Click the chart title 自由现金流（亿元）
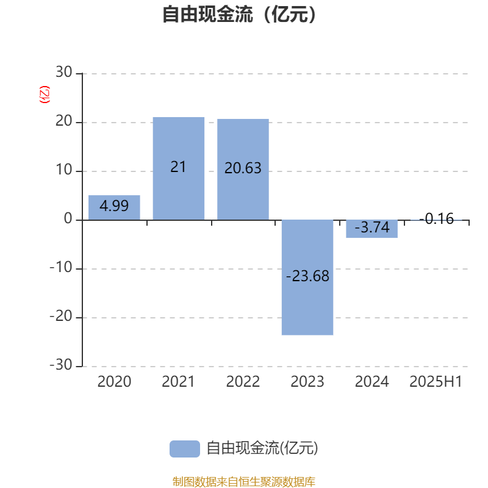coord(239,14)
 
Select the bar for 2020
coord(114,207)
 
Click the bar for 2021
coord(179,169)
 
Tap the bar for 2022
coord(243,170)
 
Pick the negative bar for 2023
coord(307,278)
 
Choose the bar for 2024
coord(372,229)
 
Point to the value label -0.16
coord(437,218)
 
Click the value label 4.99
coord(114,206)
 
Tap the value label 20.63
coord(243,168)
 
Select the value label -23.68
coord(307,276)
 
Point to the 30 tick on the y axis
coord(64,72)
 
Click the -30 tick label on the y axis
coord(61,365)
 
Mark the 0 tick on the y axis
coord(68,219)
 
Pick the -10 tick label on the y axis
coord(61,267)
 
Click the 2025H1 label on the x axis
coord(436,382)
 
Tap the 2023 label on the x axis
coord(307,382)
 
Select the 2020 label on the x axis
coord(114,382)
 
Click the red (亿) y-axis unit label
coord(44,95)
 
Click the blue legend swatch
coord(185,449)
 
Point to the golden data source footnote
coord(244,481)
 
